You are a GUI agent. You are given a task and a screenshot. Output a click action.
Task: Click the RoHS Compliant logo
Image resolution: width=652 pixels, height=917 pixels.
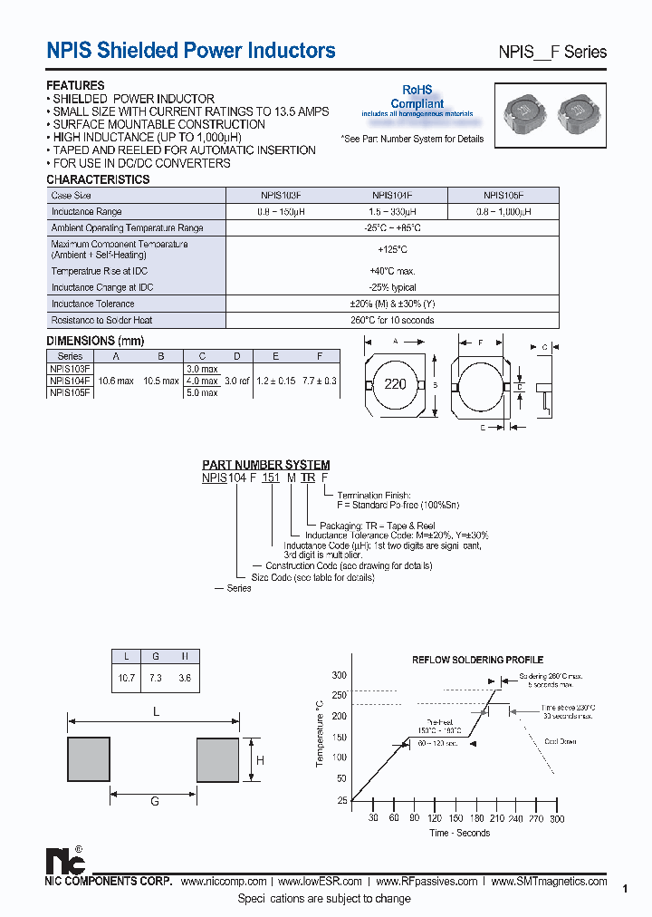tap(417, 99)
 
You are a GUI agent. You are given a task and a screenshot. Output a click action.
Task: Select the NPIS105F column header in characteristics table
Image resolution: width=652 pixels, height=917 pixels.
tap(503, 195)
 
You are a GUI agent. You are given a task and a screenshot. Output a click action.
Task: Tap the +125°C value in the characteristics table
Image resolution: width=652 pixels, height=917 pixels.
tap(392, 249)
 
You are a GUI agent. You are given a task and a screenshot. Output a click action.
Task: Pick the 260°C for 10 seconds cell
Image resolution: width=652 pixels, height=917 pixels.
tap(392, 320)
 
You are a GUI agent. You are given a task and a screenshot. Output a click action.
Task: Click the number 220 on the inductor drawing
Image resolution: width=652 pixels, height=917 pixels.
tap(396, 384)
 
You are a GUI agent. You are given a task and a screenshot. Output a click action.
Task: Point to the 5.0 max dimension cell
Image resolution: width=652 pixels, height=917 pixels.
tap(202, 393)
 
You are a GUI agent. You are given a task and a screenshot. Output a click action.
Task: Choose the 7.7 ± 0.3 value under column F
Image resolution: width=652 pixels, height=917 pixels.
tap(320, 381)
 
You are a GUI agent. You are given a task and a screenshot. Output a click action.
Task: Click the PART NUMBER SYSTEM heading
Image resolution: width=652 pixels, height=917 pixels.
tap(265, 465)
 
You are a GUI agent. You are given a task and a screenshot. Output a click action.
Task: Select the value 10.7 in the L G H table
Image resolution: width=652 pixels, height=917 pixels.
tap(127, 679)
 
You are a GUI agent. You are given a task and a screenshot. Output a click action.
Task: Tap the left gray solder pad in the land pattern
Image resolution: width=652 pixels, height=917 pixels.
tap(90, 759)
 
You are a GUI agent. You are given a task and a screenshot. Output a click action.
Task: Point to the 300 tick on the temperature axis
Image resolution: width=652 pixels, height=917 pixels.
tap(339, 676)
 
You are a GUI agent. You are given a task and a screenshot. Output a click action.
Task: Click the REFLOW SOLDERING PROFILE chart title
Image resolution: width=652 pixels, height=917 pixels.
tap(477, 660)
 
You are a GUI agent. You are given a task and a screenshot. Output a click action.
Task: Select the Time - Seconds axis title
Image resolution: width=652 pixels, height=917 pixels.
tap(459, 833)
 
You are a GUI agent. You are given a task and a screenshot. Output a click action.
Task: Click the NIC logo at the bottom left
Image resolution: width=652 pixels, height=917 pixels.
tap(63, 858)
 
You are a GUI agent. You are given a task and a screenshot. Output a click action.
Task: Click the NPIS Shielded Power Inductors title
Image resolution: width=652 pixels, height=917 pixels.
tap(191, 51)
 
